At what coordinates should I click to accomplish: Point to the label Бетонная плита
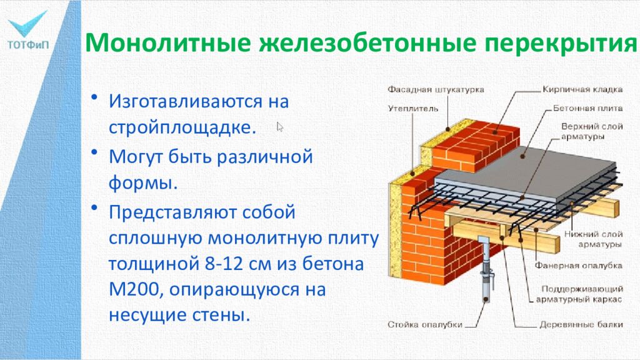(586, 108)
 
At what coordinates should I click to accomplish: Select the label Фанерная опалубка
(578, 266)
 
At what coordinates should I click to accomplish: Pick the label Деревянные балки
(581, 325)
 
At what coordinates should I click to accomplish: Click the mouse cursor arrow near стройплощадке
(280, 127)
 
